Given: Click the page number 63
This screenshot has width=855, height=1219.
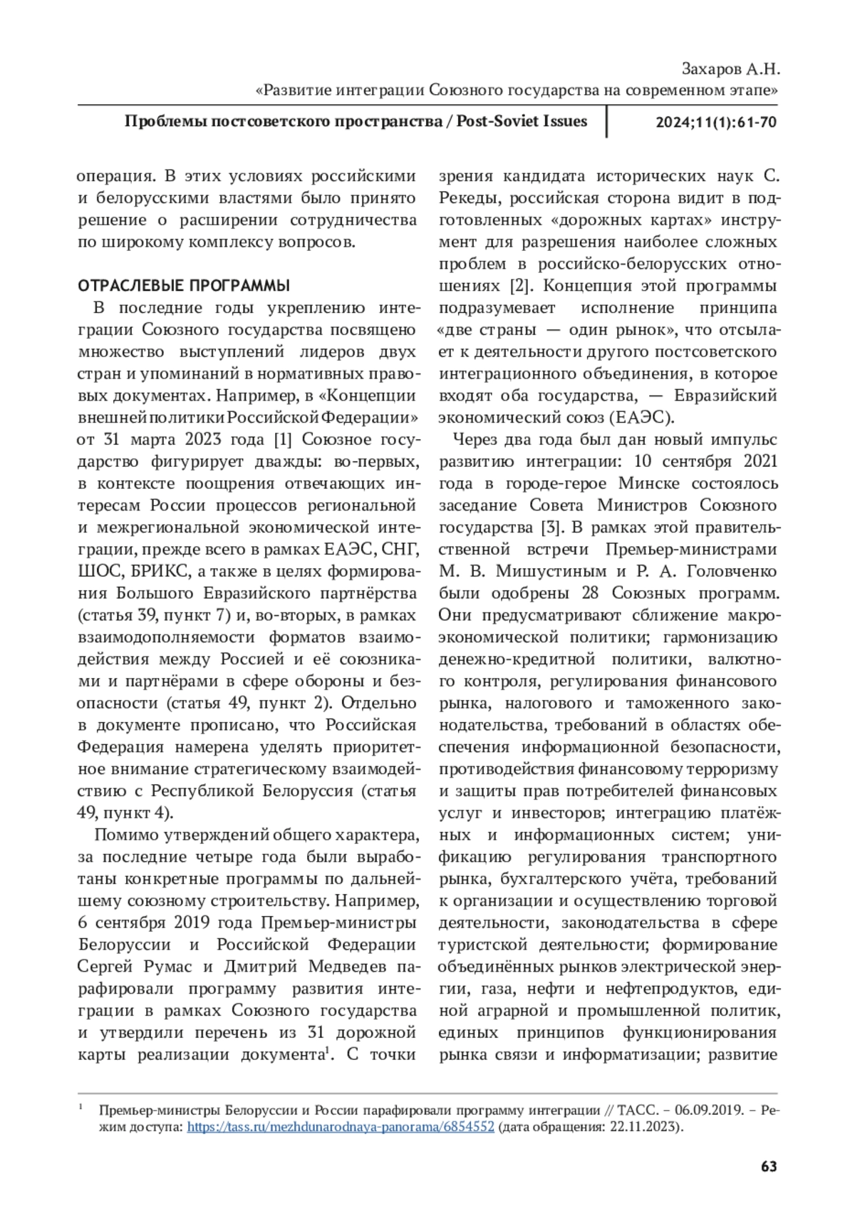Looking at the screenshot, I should (x=768, y=1167).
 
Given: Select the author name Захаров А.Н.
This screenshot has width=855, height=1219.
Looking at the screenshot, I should (x=731, y=69).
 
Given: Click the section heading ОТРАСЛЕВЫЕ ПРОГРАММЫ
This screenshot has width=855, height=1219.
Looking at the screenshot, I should (x=183, y=287).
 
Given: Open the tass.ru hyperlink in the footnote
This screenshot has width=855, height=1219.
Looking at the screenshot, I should (x=340, y=1127).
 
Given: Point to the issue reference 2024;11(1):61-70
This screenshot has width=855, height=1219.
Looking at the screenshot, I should (x=715, y=122).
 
